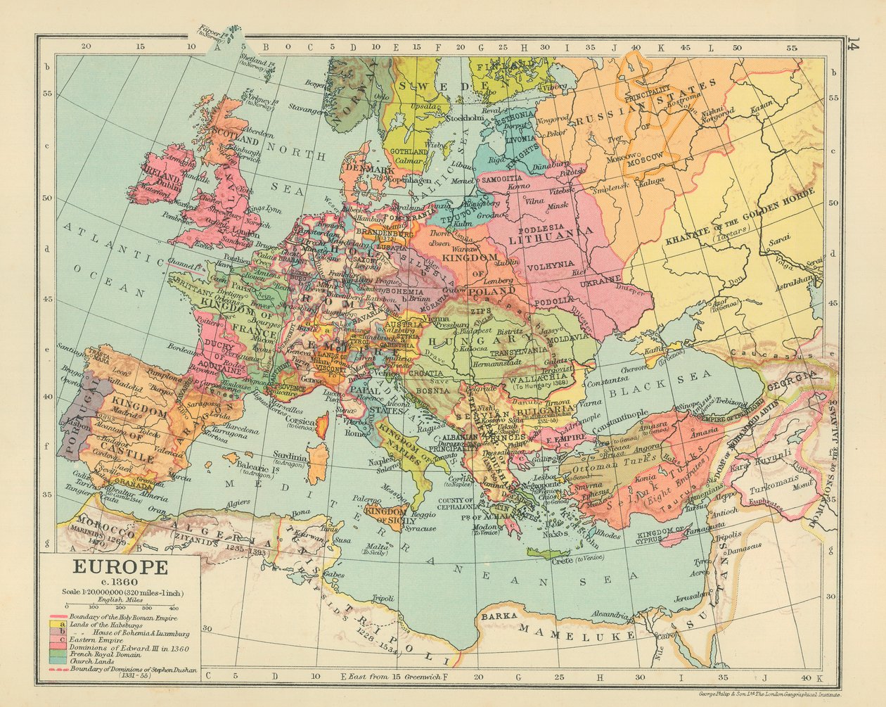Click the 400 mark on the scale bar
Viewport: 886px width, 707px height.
(x=173, y=606)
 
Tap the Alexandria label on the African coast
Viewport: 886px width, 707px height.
(x=608, y=614)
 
